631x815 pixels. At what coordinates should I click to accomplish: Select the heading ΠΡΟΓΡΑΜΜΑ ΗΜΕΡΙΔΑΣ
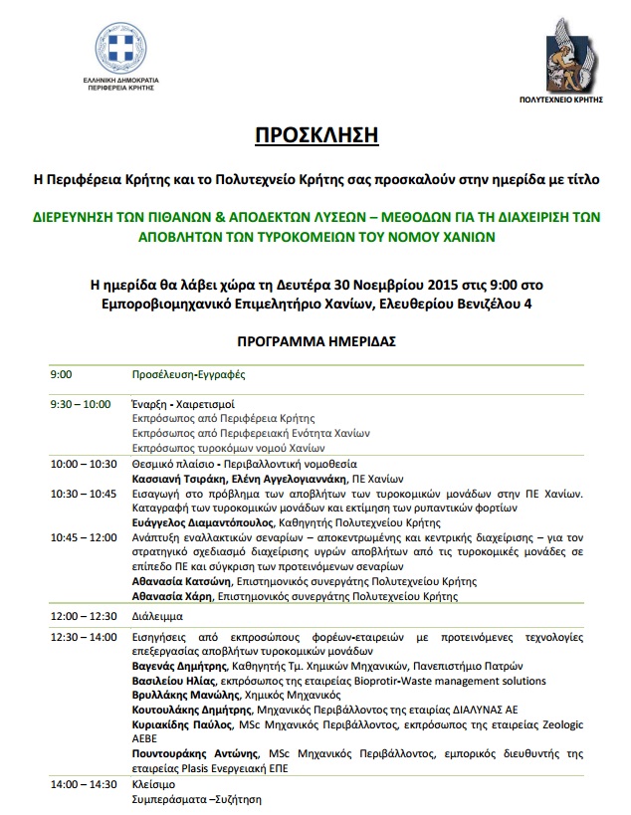click(315, 340)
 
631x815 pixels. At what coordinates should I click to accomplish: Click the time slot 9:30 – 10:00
click(81, 404)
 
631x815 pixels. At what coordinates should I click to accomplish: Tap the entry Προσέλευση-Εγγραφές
click(188, 375)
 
